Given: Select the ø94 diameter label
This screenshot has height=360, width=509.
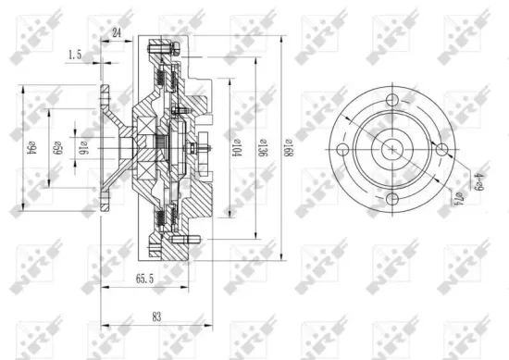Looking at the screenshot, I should [x=30, y=148].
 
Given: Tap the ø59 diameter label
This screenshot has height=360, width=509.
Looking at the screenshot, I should [x=56, y=148].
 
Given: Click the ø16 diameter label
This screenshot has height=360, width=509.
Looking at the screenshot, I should [x=81, y=148].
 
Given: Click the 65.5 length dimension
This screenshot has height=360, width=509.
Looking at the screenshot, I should [x=144, y=277].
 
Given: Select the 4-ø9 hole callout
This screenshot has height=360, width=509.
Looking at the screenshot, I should [x=453, y=179].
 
